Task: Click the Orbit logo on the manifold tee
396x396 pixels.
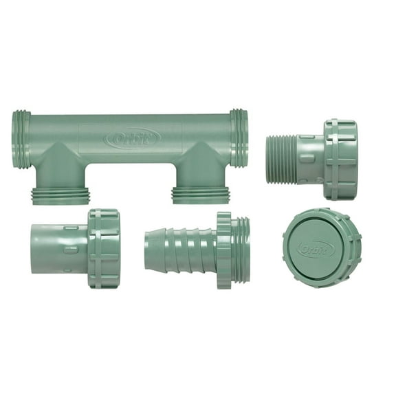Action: [133, 139]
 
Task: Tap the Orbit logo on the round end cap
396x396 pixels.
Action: [307, 245]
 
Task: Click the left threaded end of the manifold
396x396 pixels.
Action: [21, 140]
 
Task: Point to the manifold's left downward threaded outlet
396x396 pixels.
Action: [60, 193]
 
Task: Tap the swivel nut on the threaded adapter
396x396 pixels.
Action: [340, 159]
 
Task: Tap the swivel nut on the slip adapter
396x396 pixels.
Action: [104, 248]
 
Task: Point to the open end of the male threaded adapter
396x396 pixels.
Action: [269, 159]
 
